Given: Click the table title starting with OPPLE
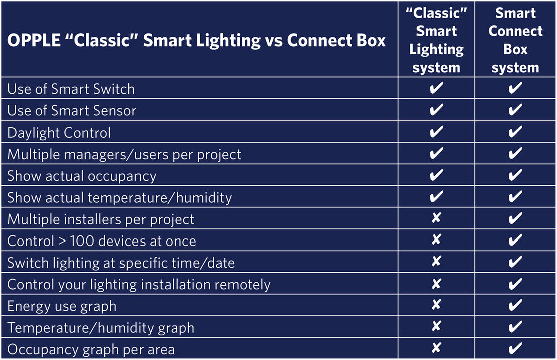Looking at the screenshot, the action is (196, 40).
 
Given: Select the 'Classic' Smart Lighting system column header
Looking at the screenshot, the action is (437, 40).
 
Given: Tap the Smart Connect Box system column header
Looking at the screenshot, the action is (515, 40).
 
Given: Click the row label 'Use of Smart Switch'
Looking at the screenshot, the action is (71, 89).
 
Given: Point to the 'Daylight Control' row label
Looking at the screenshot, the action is (59, 133).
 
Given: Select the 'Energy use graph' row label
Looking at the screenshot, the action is (62, 306).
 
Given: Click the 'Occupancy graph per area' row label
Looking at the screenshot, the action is (91, 349).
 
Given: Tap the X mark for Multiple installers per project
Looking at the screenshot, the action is (436, 217).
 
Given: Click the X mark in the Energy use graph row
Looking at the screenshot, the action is (436, 305).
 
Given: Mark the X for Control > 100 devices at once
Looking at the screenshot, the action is (436, 239).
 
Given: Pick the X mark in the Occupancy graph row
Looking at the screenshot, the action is (436, 348).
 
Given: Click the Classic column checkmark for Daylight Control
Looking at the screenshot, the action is (436, 132).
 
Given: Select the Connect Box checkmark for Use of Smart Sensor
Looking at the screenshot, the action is (515, 110).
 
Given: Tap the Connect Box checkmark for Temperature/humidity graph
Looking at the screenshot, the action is (515, 327).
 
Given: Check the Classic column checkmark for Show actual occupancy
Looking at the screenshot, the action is (436, 175).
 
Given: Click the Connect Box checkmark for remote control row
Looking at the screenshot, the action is (515, 284).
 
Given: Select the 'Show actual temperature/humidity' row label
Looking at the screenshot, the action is (119, 198).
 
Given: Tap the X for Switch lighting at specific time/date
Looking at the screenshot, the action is (436, 261).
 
